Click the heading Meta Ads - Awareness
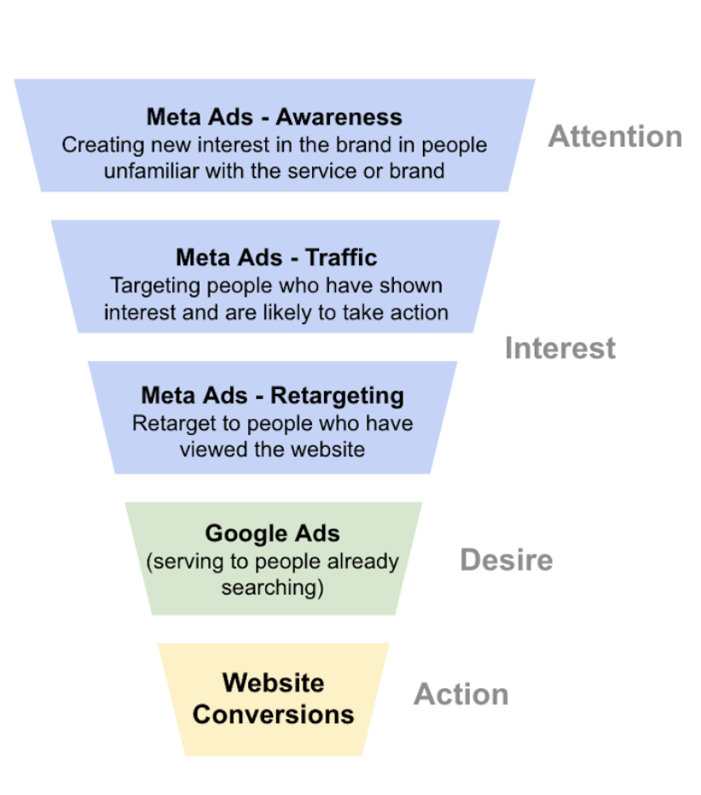click(x=274, y=117)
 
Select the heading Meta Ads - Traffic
click(x=276, y=258)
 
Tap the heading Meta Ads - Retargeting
click(x=272, y=396)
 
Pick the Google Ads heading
click(x=272, y=534)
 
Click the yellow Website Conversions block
click(x=273, y=699)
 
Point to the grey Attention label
click(x=615, y=136)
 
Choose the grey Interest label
click(x=559, y=348)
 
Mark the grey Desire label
click(x=506, y=560)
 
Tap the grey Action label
click(x=461, y=694)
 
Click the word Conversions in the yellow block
click(x=273, y=714)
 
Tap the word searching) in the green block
click(x=273, y=588)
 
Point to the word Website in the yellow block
click(x=273, y=683)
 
